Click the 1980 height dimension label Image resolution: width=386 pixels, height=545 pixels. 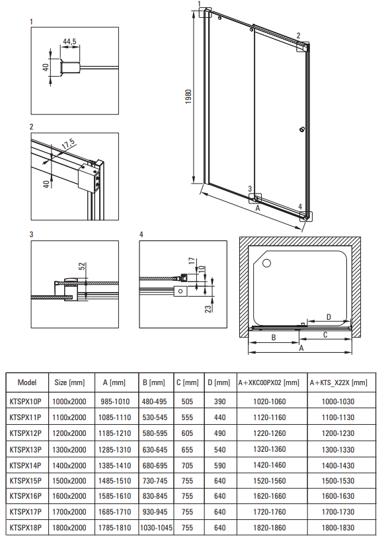pos(188,96)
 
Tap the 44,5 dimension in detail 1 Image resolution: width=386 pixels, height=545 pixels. pos(69,42)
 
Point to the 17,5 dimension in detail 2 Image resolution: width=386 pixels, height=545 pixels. pos(68,144)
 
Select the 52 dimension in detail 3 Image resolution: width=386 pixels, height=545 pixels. pos(82,266)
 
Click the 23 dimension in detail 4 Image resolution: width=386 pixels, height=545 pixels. pos(208,309)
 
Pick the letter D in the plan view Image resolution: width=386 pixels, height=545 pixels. pos(328,317)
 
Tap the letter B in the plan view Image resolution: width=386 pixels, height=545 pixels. pos(274,338)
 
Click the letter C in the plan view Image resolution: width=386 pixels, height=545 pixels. pos(325,335)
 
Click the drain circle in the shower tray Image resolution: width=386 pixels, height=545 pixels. pos(267,263)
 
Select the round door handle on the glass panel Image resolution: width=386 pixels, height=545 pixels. pos(301,130)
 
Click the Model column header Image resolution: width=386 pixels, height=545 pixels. pos(27,382)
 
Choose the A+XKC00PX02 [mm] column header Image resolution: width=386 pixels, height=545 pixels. pos(269,382)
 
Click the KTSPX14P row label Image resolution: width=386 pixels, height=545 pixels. pos(25,466)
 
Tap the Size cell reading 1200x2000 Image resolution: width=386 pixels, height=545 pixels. pos(69,433)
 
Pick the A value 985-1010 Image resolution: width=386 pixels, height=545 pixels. pos(115,402)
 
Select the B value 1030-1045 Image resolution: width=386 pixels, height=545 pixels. pos(156,528)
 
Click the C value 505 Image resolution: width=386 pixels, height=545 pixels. pos(187,402)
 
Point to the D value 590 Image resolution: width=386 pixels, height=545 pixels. pos(220,466)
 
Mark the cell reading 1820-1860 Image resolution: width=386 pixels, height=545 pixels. pos(270,528)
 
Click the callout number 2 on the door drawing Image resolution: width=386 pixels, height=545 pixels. pos(298,36)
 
